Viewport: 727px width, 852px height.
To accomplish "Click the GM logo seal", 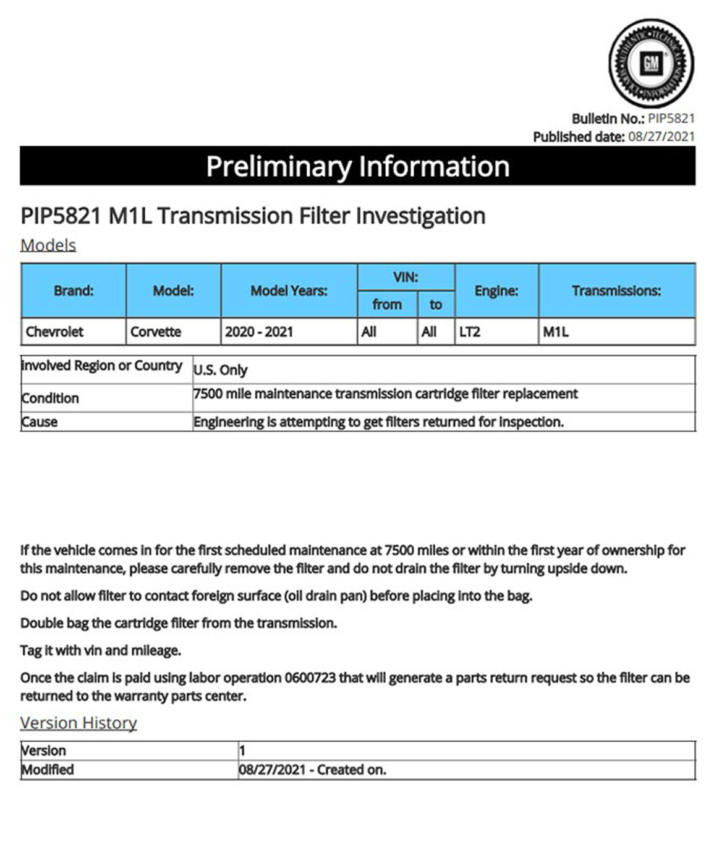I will [651, 63].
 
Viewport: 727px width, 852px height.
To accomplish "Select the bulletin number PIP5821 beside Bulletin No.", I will [671, 119].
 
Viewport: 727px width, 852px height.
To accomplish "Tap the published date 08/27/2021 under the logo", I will [661, 137].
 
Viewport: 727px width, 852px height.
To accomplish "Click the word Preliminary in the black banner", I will [279, 167].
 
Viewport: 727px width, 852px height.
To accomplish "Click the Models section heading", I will [48, 245].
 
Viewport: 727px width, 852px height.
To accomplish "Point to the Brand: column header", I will [74, 290].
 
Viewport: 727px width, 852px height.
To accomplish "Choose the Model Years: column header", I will [289, 290].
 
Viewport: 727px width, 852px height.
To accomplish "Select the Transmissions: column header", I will [616, 290].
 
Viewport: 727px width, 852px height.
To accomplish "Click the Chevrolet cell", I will [54, 332].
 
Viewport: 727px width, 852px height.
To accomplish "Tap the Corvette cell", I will [156, 332].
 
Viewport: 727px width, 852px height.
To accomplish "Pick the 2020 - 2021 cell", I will [259, 332].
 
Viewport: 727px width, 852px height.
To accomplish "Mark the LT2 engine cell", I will [470, 332].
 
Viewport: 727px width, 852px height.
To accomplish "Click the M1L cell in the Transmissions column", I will [556, 332].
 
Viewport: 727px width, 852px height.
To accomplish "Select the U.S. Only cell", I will [221, 370].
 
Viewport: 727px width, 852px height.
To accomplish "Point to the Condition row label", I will [50, 399].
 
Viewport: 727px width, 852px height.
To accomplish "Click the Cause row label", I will [40, 422].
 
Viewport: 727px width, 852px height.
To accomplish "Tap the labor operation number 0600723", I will [310, 678].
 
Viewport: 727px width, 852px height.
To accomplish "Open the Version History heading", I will [79, 723].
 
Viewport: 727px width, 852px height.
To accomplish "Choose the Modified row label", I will [48, 770].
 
